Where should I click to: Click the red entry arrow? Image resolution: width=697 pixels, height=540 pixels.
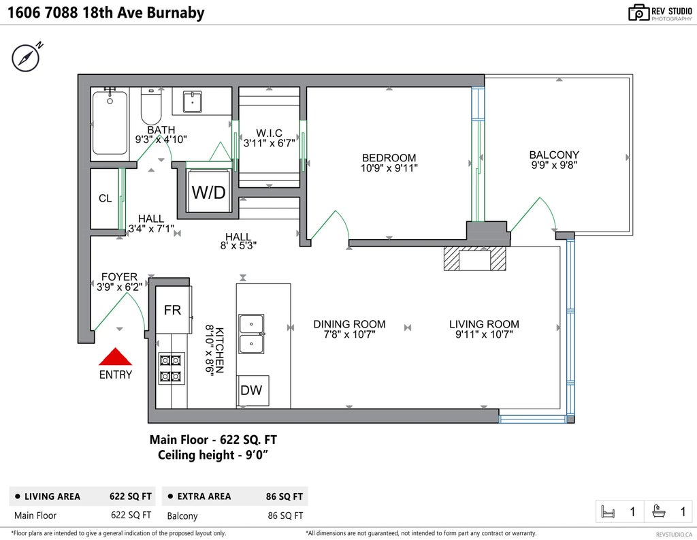click(x=115, y=357)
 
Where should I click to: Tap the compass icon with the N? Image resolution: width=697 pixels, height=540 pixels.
click(x=25, y=58)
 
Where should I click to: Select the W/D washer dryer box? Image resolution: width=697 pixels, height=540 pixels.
click(x=208, y=192)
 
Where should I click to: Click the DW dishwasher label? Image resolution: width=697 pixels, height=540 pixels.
click(x=252, y=391)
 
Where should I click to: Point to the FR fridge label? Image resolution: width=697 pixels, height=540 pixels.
click(x=172, y=310)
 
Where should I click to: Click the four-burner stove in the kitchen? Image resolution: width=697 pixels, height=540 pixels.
click(x=171, y=368)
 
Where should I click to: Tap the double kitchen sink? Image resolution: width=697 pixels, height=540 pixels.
click(x=250, y=334)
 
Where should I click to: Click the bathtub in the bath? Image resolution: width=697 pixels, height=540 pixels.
click(x=110, y=123)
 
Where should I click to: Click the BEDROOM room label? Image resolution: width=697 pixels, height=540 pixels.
click(x=389, y=158)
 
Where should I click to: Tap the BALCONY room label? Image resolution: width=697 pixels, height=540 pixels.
click(x=554, y=155)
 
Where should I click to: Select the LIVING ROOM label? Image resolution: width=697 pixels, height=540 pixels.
click(x=484, y=324)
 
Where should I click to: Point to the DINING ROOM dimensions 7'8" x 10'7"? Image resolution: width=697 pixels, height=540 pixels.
click(x=349, y=334)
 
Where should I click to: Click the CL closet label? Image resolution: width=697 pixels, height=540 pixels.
click(x=105, y=199)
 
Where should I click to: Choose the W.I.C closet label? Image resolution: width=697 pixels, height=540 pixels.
click(x=269, y=133)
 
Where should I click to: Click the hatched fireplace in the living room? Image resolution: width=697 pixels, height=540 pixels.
click(x=475, y=259)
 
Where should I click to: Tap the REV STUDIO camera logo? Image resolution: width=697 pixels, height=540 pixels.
click(x=638, y=12)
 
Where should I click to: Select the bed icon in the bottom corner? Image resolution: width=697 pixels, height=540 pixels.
click(x=608, y=511)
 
